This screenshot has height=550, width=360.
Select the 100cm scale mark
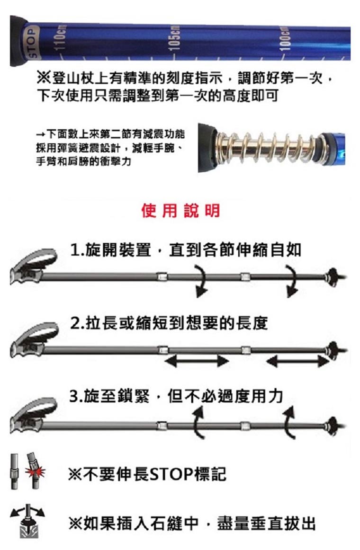click(284, 36)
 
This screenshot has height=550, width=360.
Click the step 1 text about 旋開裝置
click(185, 249)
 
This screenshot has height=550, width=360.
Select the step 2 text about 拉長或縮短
click(169, 323)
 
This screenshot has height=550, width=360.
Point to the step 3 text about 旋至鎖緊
click(176, 396)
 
